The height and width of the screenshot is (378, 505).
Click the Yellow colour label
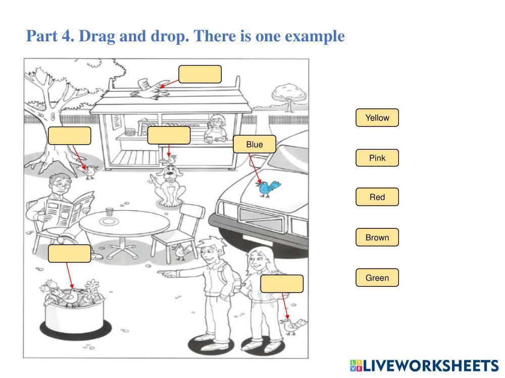click(377, 118)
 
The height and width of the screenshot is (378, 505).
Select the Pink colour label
click(377, 158)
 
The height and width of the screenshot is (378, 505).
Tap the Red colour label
click(377, 197)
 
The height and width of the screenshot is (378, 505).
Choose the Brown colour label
click(377, 237)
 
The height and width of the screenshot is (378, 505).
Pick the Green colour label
click(377, 278)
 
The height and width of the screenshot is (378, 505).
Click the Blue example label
click(255, 145)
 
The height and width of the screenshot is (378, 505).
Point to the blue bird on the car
click(268, 188)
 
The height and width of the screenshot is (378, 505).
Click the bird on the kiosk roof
click(149, 88)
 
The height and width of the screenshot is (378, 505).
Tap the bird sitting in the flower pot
click(71, 297)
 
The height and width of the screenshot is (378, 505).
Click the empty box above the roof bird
click(200, 74)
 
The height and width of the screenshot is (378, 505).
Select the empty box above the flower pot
click(70, 254)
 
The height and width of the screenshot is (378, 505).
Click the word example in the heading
click(315, 36)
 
